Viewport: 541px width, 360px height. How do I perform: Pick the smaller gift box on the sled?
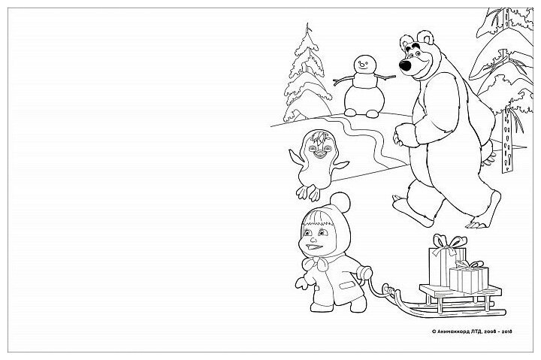tap(468, 279)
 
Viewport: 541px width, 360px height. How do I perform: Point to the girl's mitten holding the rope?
tap(364, 274)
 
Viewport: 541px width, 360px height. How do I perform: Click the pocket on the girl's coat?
tap(347, 286)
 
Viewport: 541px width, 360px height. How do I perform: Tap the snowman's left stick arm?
tap(343, 81)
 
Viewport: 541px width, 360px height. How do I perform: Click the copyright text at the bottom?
tap(472, 331)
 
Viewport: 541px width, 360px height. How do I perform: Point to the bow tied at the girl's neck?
tap(316, 263)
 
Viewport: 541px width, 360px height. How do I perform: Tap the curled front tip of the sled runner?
tap(386, 288)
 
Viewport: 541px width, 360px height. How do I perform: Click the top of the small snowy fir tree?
tap(308, 26)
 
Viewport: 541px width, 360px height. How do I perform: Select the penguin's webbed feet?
tap(308, 193)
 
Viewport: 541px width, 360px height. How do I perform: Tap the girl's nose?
tap(313, 240)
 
